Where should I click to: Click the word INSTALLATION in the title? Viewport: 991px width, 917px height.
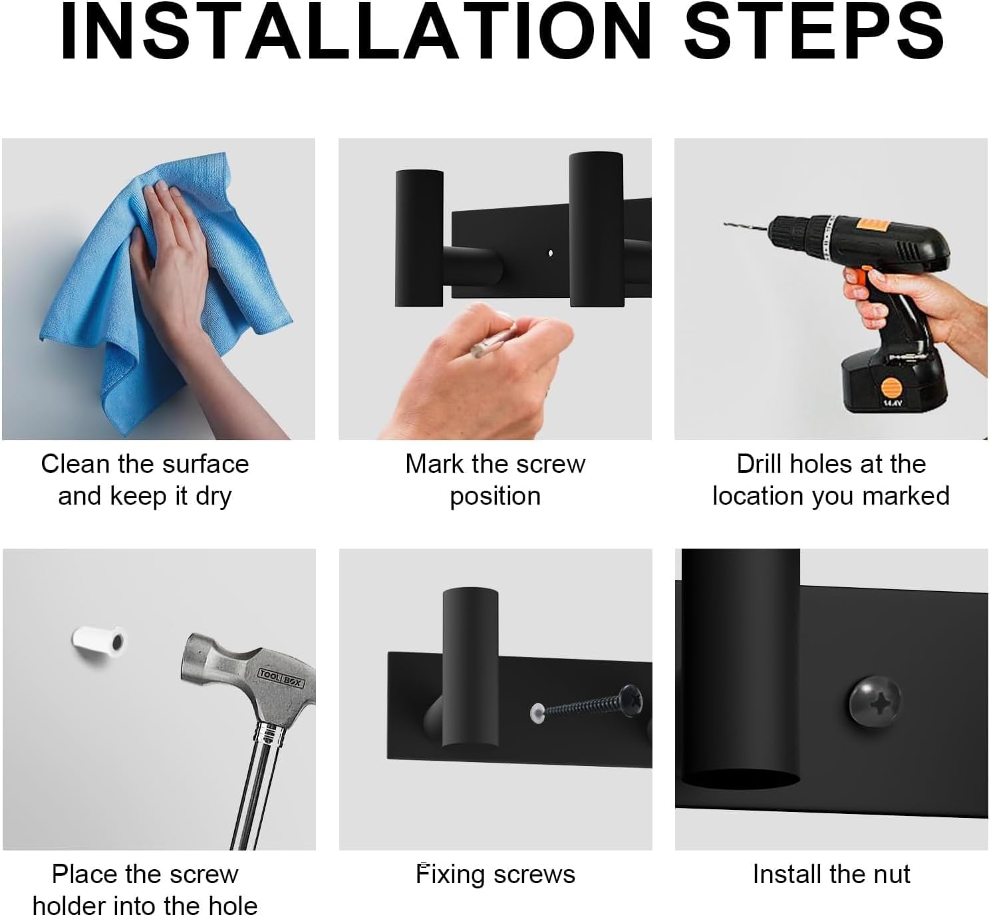point(355,31)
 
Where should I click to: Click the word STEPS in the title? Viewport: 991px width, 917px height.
point(813,31)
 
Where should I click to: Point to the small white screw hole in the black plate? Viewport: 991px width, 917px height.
point(550,253)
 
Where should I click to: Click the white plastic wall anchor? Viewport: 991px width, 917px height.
point(99,642)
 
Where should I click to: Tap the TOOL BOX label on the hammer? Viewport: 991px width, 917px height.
point(281,678)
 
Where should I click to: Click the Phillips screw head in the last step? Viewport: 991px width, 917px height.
point(875,701)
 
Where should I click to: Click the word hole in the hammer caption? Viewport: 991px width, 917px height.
point(233,906)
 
